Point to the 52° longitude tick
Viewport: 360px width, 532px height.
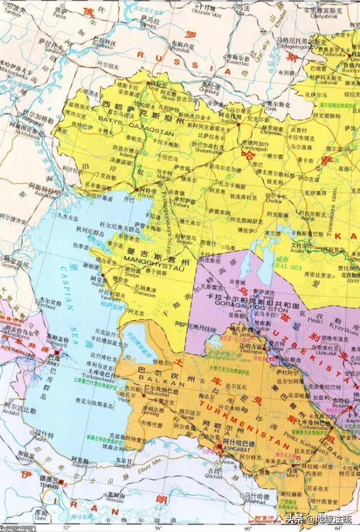[67, 527]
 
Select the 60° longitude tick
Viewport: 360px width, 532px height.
[247, 527]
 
